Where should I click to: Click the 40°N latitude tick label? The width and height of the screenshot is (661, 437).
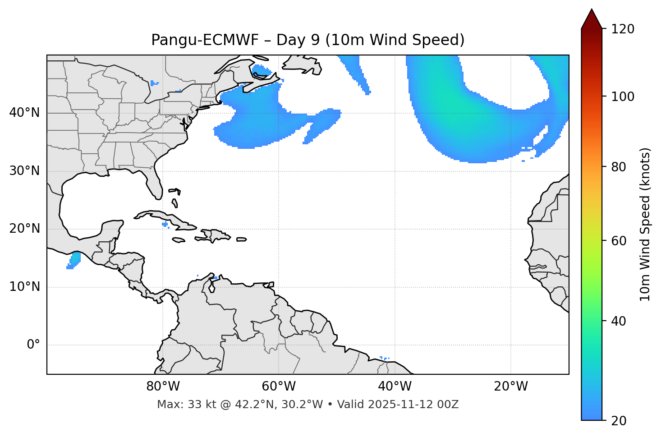tap(24, 113)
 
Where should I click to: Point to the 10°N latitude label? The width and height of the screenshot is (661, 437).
tap(24, 287)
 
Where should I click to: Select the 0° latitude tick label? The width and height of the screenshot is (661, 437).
tap(33, 345)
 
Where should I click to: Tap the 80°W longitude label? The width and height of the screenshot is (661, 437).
tap(163, 386)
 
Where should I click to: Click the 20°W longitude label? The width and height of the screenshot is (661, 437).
tap(511, 386)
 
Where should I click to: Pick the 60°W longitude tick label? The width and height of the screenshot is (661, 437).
tap(279, 386)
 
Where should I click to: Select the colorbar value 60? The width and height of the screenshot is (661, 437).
tap(619, 241)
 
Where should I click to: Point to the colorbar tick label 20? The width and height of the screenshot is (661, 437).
tap(619, 421)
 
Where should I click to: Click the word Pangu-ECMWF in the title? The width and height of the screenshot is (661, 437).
tap(205, 40)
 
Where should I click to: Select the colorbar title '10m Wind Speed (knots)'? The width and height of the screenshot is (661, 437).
tap(645, 225)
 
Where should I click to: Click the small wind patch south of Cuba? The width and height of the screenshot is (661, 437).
tap(165, 224)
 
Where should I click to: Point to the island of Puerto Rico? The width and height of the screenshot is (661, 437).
tap(242, 239)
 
